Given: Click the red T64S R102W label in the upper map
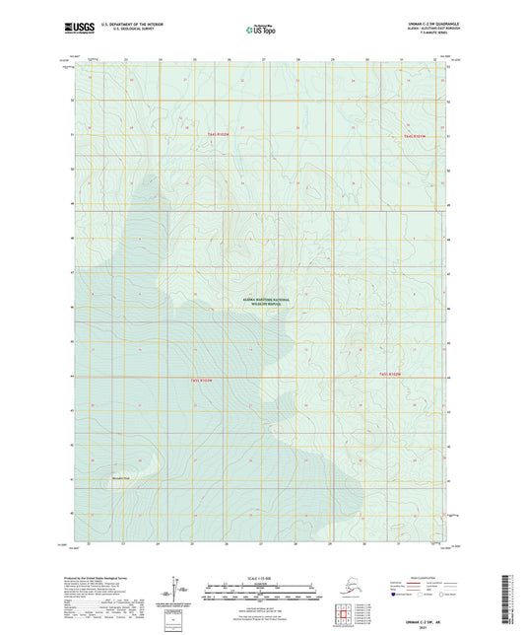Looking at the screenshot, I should pos(219,134).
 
